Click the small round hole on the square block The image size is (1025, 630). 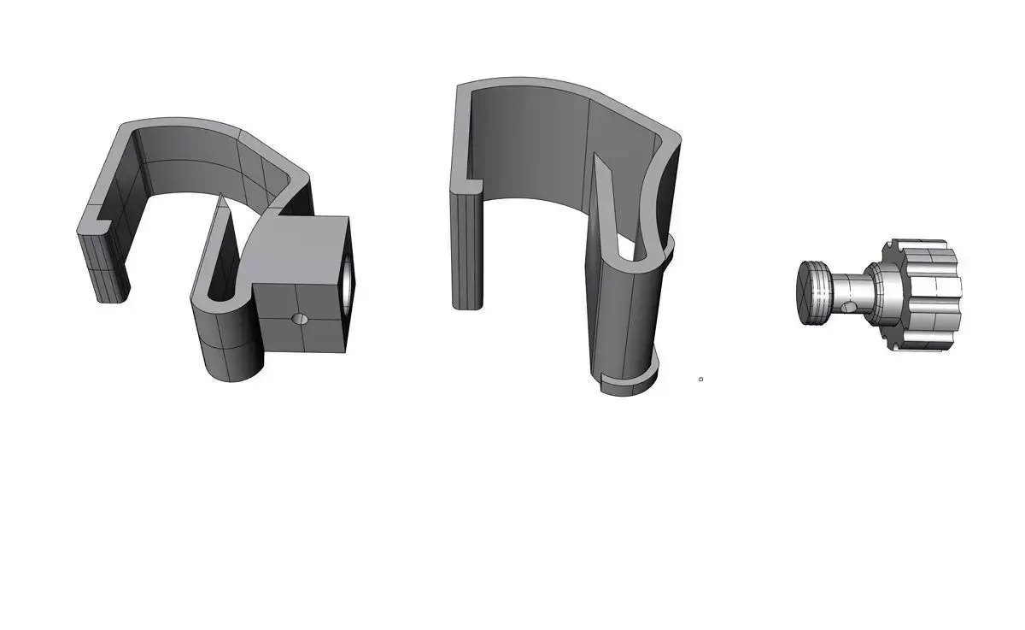(x=299, y=318)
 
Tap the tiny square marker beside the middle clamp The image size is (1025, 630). (x=700, y=379)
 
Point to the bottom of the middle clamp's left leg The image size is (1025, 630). (x=467, y=303)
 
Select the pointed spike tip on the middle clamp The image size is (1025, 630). (x=597, y=157)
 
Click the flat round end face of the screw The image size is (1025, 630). (x=811, y=292)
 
